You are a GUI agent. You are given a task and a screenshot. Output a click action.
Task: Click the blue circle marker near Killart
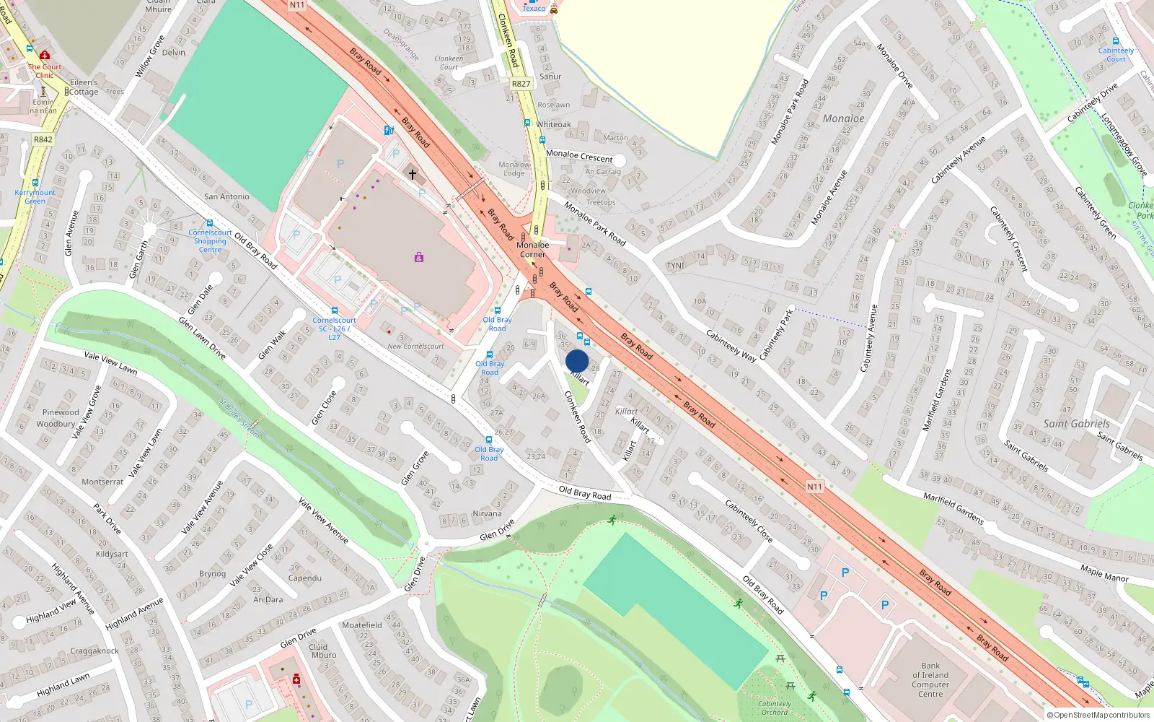577,362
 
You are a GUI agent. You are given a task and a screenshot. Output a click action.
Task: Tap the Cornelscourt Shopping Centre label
210,241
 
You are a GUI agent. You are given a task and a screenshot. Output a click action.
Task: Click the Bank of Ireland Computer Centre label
930,679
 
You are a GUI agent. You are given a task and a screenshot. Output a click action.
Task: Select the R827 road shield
521,84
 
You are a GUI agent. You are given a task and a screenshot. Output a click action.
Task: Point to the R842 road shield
43,139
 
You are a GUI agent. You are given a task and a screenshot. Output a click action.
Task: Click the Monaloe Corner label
532,250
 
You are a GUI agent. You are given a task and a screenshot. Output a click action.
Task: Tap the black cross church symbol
412,174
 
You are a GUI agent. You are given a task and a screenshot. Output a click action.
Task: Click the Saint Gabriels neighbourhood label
1076,424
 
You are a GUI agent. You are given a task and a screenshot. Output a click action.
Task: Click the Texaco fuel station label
534,9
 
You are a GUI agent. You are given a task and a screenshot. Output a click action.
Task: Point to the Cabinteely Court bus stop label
1116,55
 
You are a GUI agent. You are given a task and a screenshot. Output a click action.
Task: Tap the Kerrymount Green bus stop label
35,196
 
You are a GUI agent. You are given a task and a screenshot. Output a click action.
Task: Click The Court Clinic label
45,71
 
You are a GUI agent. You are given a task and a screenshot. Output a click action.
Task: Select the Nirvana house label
487,514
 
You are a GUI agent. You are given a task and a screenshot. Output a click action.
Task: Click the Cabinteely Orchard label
775,708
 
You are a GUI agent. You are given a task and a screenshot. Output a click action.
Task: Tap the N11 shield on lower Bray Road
814,487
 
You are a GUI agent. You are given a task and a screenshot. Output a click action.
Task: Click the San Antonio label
226,196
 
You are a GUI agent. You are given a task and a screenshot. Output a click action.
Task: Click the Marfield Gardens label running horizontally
953,508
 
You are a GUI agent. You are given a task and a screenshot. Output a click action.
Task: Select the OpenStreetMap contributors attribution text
1098,716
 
